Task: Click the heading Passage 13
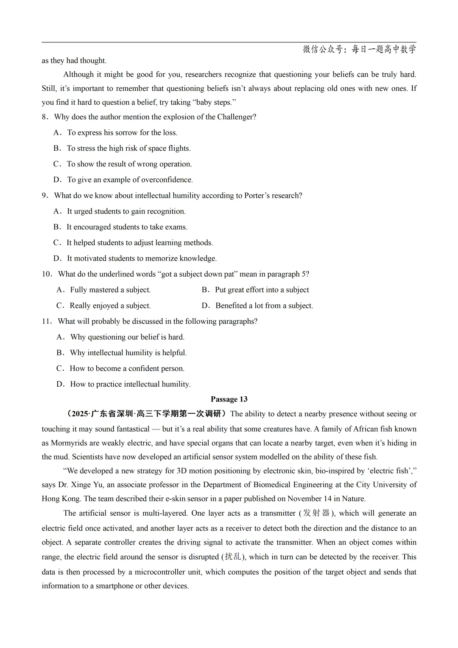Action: click(x=229, y=399)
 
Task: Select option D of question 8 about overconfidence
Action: click(x=130, y=180)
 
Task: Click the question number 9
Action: click(x=45, y=196)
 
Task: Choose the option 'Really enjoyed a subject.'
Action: click(x=110, y=306)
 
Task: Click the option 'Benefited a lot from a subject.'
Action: click(x=264, y=306)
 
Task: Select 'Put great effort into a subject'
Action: click(x=262, y=290)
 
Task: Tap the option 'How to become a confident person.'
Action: click(x=127, y=368)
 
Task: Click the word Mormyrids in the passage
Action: click(x=69, y=443)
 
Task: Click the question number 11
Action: click(x=46, y=321)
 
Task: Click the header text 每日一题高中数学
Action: click(x=384, y=49)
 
